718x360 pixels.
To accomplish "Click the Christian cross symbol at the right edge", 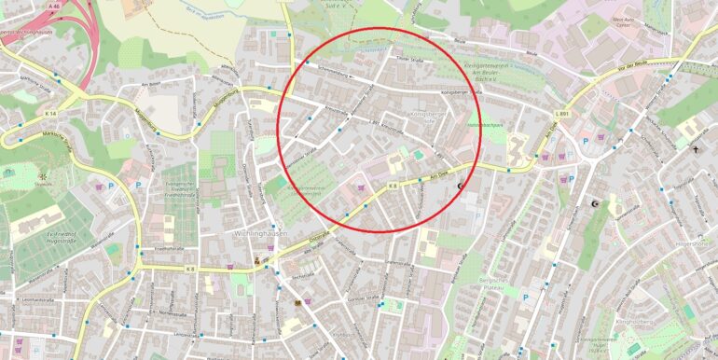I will point(695,148).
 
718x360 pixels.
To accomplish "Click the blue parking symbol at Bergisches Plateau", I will point(526,297).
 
